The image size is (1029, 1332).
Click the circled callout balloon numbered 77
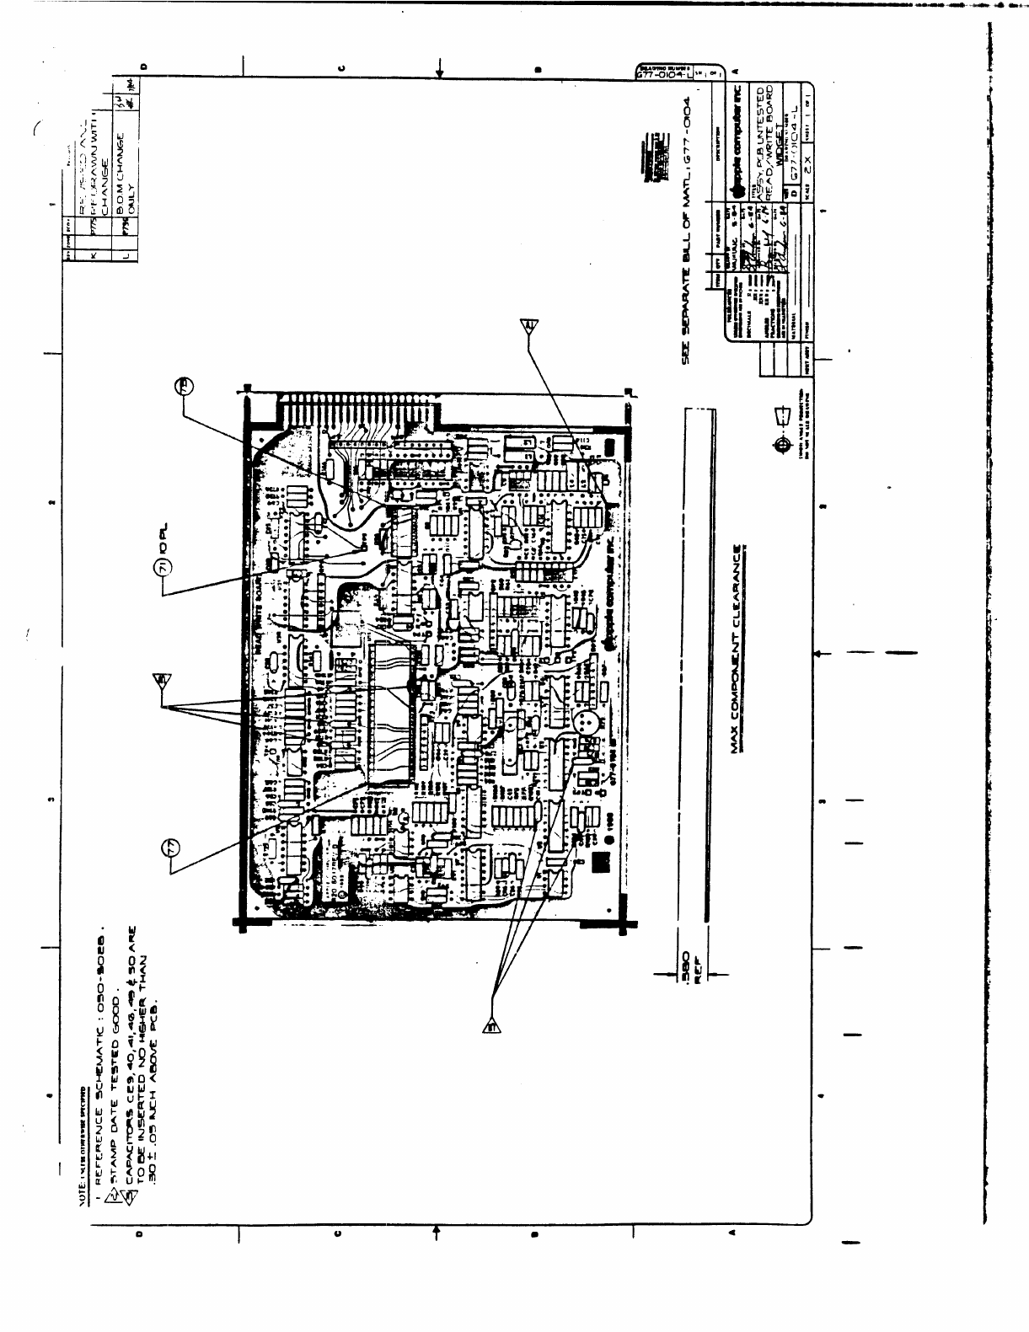(x=172, y=848)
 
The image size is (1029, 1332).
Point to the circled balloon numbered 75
(x=186, y=386)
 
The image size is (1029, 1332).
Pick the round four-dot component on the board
(x=585, y=722)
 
